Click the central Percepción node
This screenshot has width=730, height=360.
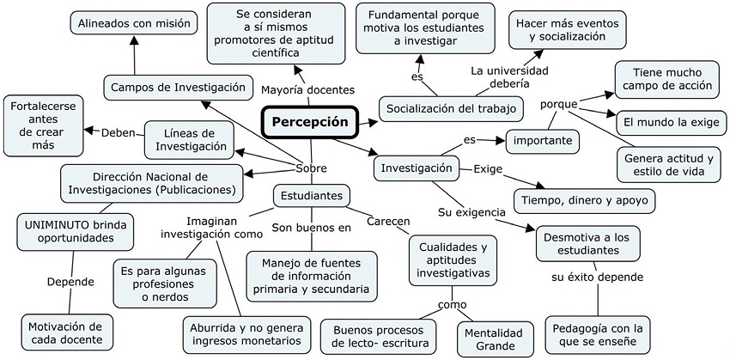[311, 122]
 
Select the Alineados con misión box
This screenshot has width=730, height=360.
[132, 23]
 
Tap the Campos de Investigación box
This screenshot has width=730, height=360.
[178, 87]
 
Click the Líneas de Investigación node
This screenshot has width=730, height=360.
[190, 139]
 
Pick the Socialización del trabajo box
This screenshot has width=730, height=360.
[452, 108]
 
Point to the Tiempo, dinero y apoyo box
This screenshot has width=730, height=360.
[585, 201]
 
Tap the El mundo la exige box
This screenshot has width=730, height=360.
[671, 123]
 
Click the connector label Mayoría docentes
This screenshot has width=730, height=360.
[307, 88]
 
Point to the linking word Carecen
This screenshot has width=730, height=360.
[388, 221]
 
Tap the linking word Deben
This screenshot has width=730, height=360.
[119, 133]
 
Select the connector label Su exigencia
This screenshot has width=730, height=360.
[468, 211]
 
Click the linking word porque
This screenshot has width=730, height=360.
[558, 105]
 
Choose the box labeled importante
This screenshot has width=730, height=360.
[542, 140]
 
